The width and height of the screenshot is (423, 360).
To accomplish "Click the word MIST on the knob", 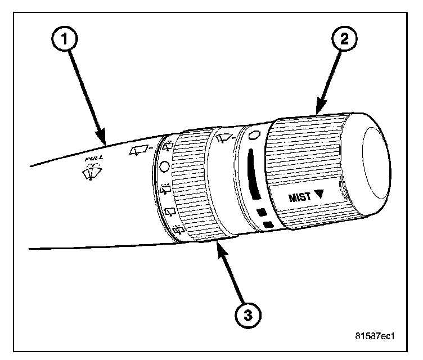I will tap(300, 197).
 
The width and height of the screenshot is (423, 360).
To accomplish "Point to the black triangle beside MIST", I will tap(320, 196).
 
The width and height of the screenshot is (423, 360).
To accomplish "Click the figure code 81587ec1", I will tap(375, 337).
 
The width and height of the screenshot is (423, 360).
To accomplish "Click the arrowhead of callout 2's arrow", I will tap(318, 112).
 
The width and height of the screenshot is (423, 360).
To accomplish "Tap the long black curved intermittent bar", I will tap(251, 174).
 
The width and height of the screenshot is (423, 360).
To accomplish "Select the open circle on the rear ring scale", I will tap(164, 166).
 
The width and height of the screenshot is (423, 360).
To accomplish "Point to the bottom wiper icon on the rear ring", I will tap(179, 229).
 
